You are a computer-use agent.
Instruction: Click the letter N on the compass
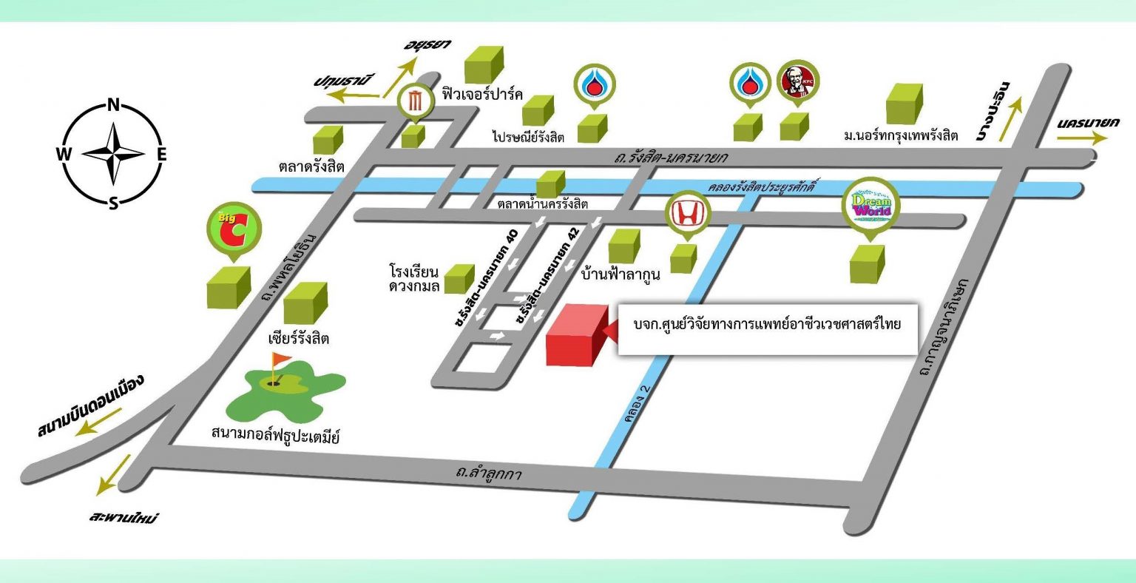pyautogui.click(x=114, y=104)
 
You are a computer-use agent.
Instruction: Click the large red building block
pyautogui.click(x=575, y=334)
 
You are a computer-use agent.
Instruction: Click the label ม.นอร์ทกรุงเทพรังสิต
pyautogui.click(x=901, y=135)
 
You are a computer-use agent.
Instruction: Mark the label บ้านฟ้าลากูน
pyautogui.click(x=621, y=273)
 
